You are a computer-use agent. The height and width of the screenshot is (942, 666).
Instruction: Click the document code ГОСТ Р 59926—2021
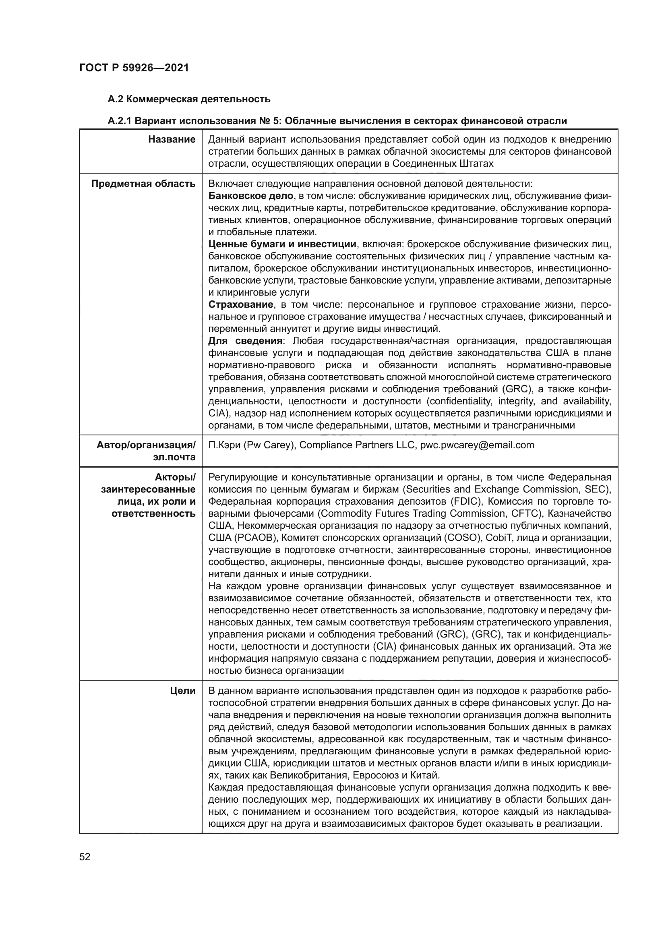[134, 68]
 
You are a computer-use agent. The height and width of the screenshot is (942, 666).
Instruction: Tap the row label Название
[172, 139]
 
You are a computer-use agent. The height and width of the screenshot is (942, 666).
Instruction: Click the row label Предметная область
[143, 184]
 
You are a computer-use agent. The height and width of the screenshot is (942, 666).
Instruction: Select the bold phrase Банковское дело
[250, 196]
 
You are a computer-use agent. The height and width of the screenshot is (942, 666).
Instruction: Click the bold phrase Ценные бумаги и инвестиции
[283, 244]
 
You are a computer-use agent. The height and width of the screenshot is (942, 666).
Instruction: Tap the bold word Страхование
[241, 304]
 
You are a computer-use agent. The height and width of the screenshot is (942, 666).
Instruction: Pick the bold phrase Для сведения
[245, 341]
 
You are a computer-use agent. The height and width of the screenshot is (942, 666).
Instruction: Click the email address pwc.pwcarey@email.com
[477, 445]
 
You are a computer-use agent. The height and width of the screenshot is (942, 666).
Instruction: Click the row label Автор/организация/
[146, 445]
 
